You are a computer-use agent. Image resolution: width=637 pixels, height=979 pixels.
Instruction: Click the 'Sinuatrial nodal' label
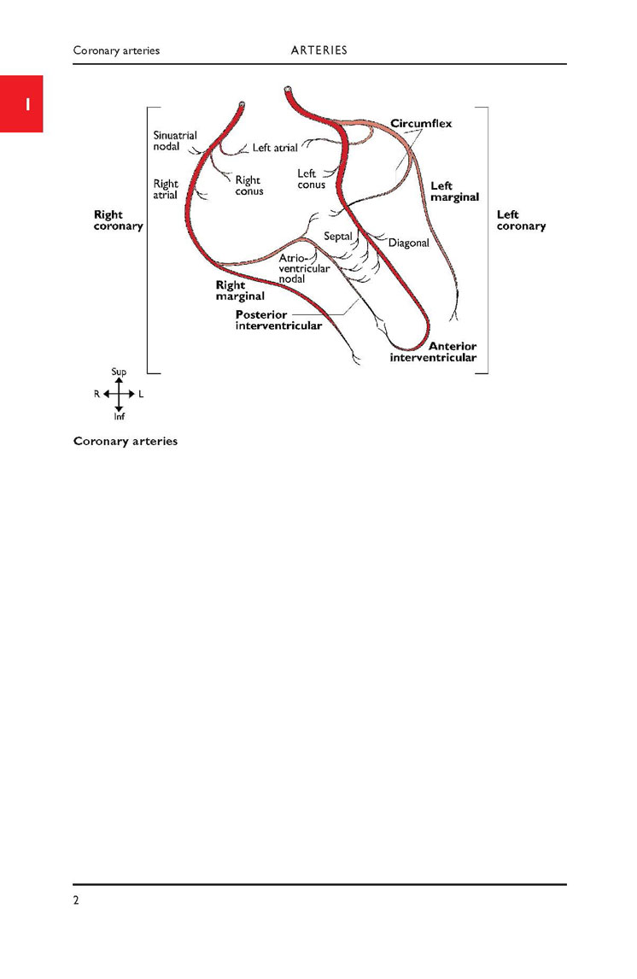[x=175, y=141]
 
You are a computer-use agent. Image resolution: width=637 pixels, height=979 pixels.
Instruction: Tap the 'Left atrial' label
[x=274, y=148]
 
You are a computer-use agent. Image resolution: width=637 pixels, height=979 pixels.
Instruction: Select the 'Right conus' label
[x=249, y=185]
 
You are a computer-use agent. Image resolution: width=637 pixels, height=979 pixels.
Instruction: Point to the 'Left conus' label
[x=311, y=179]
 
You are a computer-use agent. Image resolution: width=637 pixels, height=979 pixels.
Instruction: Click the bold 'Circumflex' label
[x=421, y=124]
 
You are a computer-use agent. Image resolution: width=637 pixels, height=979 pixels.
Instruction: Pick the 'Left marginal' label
[x=454, y=191]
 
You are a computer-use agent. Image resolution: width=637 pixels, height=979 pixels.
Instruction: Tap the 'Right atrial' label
[x=166, y=189]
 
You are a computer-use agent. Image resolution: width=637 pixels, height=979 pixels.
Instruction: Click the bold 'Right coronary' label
[x=118, y=220]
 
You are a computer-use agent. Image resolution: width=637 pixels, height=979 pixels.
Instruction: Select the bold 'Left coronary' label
[x=521, y=220]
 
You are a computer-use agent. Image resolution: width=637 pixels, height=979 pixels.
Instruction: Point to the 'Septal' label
[x=337, y=237]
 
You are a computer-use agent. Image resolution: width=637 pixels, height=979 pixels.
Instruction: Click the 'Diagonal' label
[x=409, y=243]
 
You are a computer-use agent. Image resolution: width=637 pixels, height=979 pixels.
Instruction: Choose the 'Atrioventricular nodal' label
[x=304, y=268]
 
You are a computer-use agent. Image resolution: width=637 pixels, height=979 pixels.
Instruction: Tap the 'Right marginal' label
[x=240, y=290]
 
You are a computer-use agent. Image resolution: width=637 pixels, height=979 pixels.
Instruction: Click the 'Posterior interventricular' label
[x=278, y=320]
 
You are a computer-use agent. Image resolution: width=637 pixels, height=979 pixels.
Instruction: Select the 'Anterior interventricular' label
[x=433, y=352]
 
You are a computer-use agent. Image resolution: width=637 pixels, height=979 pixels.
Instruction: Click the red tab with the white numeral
[x=21, y=103]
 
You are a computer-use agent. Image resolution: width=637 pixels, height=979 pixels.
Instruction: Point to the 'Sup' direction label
[x=119, y=372]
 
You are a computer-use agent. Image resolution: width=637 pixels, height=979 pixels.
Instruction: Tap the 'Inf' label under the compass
[x=120, y=416]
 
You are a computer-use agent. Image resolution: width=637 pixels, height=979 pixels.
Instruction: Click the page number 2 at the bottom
[x=76, y=900]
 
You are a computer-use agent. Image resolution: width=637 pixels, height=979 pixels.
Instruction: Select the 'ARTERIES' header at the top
[x=318, y=50]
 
